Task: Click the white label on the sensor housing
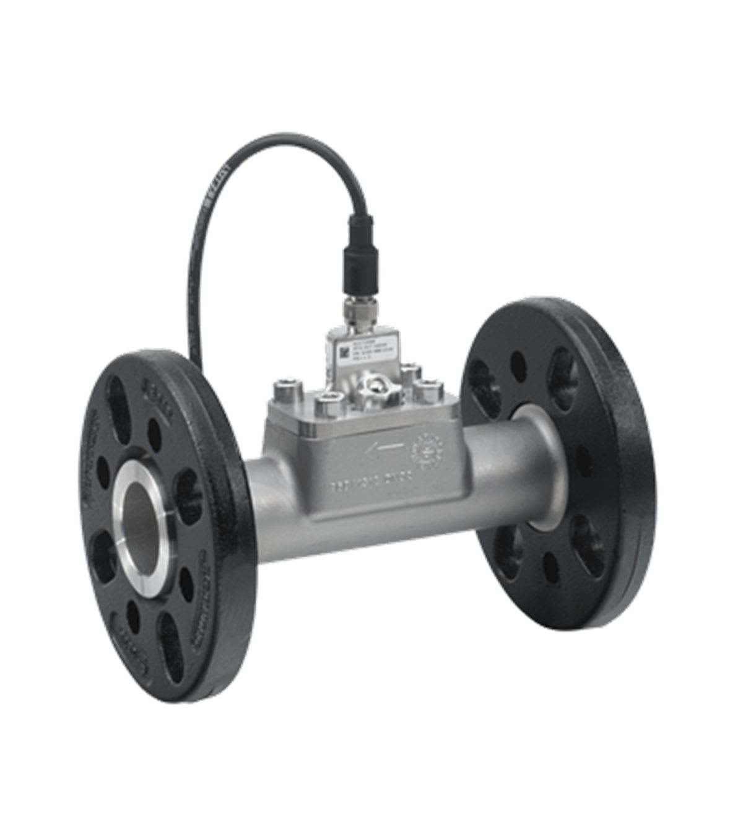point(357,355)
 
